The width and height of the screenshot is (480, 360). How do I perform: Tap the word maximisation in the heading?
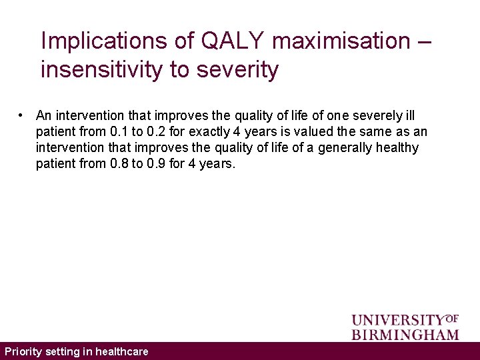tap(342, 41)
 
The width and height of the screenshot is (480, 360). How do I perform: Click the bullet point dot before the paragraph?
tap(23, 115)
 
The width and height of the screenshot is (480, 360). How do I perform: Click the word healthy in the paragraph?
tap(397, 147)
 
